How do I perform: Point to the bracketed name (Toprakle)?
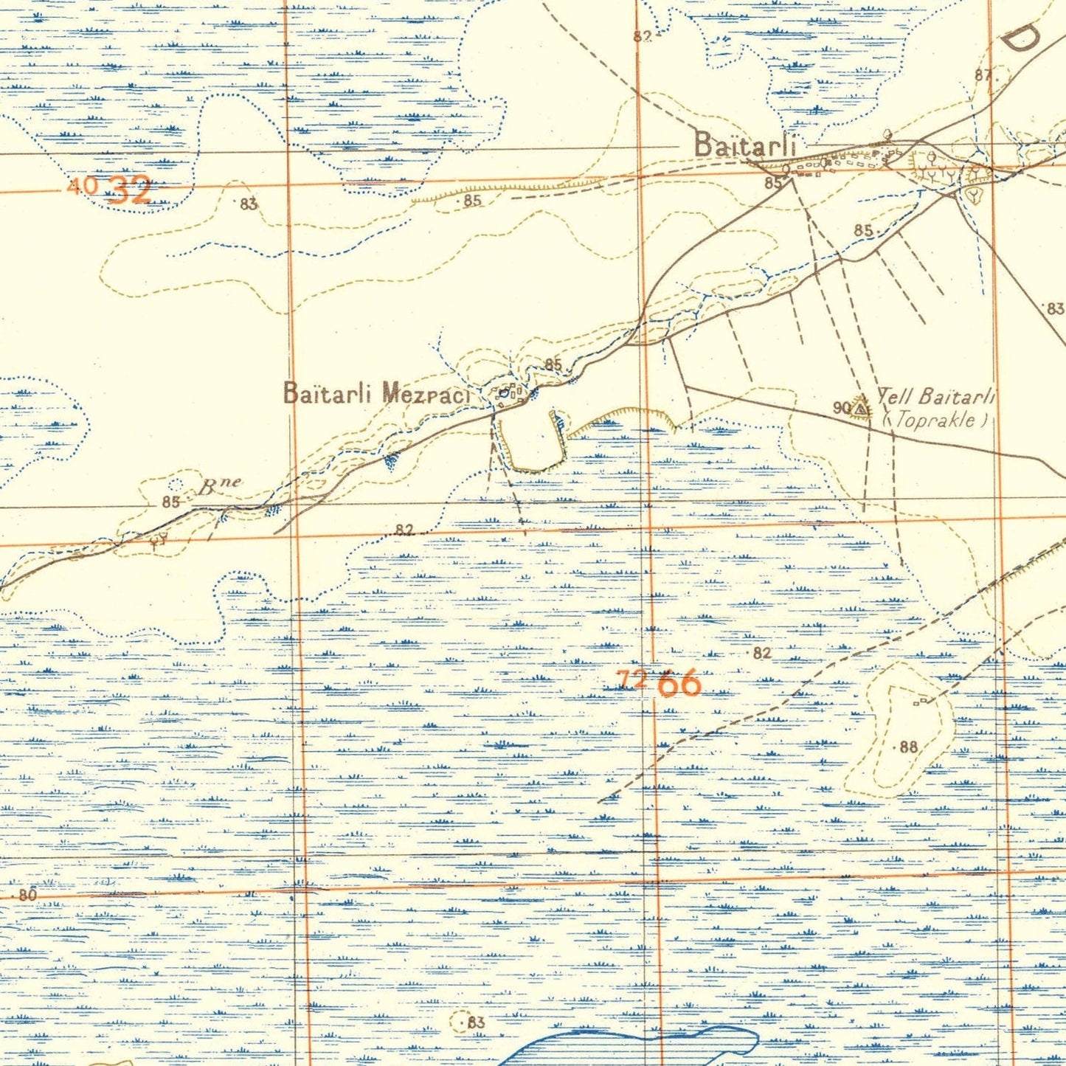[x=935, y=420]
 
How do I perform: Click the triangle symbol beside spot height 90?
[x=860, y=406]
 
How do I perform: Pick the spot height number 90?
[x=841, y=407]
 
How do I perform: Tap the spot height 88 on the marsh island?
[x=908, y=747]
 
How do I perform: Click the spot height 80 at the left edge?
[x=27, y=895]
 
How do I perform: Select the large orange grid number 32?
[x=130, y=190]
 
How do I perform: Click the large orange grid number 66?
[x=679, y=684]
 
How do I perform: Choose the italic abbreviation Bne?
[x=220, y=485]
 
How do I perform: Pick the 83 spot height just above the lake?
[x=475, y=1022]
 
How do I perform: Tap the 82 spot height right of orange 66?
[x=762, y=653]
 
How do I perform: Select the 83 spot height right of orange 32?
[x=249, y=204]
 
